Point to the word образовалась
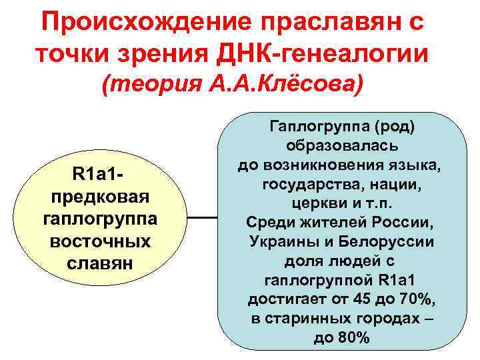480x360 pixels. click(x=341, y=145)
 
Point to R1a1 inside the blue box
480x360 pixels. click(x=398, y=280)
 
